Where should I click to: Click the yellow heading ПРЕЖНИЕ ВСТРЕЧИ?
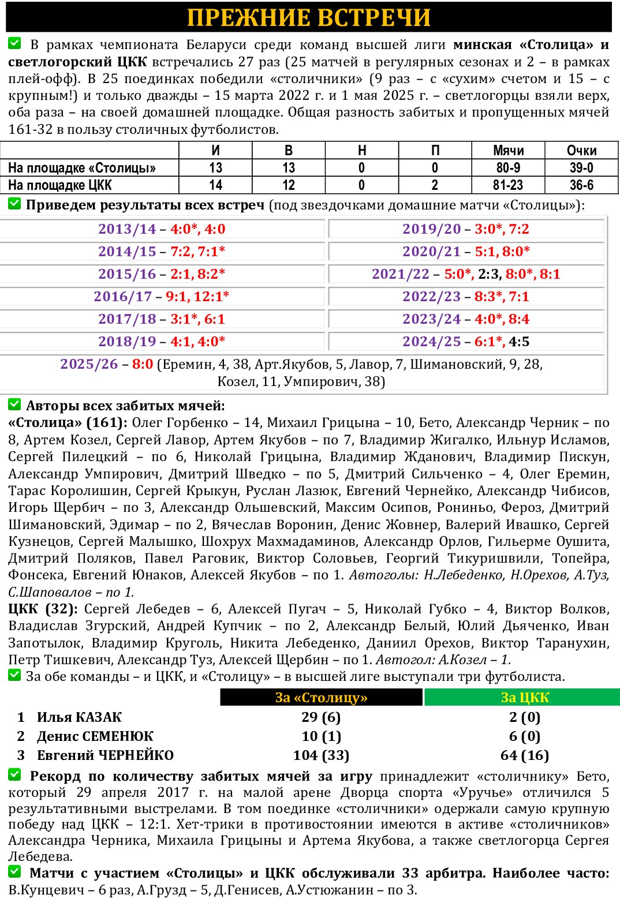(x=309, y=17)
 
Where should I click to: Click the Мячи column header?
(x=508, y=151)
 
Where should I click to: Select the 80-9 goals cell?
(x=508, y=168)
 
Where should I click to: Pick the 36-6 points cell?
(x=581, y=185)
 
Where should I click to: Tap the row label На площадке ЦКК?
(x=60, y=185)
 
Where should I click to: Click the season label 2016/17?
(x=122, y=297)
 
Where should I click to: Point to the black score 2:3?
(x=490, y=274)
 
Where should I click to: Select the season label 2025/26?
(x=89, y=364)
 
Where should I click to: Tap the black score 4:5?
(x=519, y=342)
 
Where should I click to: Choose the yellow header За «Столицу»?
(x=322, y=697)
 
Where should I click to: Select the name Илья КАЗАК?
(x=79, y=717)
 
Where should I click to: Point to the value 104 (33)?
(x=321, y=755)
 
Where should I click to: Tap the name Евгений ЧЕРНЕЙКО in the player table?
(x=105, y=755)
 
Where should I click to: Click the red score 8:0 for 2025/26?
(x=143, y=364)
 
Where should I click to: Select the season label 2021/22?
(x=401, y=274)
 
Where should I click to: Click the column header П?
(x=435, y=151)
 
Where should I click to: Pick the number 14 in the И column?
(x=215, y=185)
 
